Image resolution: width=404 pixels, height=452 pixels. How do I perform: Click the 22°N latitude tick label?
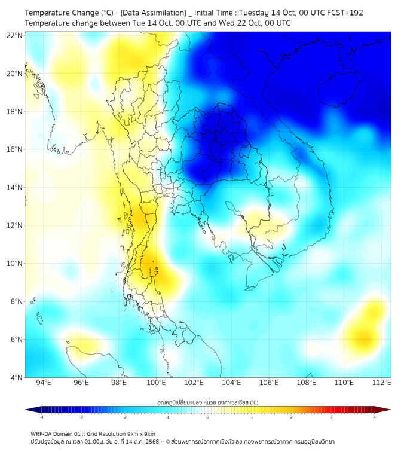click(x=14, y=35)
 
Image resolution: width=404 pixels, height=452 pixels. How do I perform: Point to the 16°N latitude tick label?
click(x=14, y=149)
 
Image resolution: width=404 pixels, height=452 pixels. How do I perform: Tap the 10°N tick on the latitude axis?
click(x=14, y=264)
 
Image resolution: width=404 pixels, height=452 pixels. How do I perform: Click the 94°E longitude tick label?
click(x=44, y=383)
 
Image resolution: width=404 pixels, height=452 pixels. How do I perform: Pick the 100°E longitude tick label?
click(x=157, y=383)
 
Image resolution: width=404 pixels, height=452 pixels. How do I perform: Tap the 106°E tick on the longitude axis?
click(x=270, y=383)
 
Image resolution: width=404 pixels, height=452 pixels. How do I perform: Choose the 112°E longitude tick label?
click(x=382, y=383)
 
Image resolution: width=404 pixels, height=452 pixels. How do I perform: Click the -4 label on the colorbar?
click(x=41, y=417)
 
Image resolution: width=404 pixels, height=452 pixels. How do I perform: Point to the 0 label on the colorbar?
click(x=208, y=417)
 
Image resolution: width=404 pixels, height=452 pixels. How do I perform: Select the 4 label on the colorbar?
click(x=374, y=417)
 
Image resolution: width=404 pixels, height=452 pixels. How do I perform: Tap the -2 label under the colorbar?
click(x=124, y=417)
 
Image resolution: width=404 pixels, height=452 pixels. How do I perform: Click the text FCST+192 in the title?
click(x=344, y=12)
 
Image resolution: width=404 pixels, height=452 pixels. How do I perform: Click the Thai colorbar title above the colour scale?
click(x=207, y=402)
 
